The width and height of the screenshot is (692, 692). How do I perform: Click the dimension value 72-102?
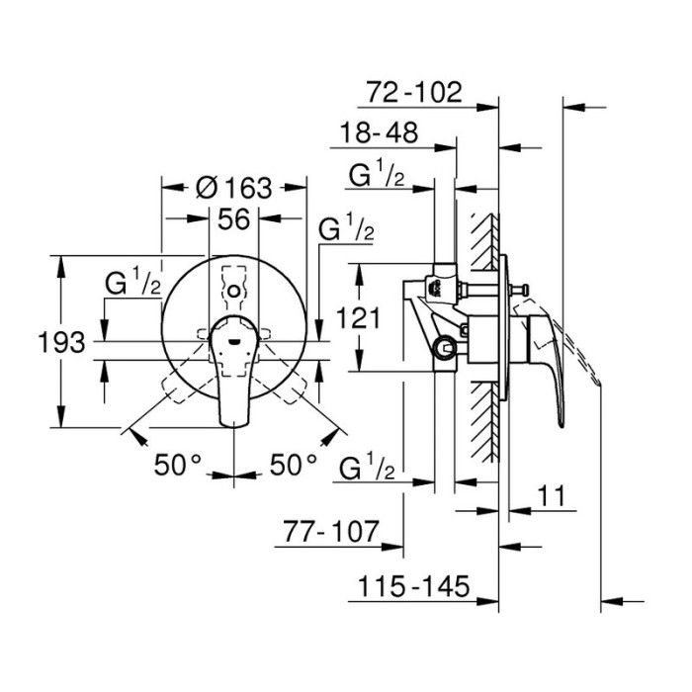point(414,92)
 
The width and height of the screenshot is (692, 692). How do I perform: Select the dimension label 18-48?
point(379,132)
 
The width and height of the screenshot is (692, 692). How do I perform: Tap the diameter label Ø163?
point(234,188)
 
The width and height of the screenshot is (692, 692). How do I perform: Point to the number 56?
point(234,218)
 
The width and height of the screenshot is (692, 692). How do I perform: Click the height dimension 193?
point(61,342)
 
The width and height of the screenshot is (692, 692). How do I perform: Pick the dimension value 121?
point(358,317)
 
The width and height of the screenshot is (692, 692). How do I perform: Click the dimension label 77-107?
point(331,532)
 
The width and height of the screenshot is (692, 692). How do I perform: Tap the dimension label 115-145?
point(413,586)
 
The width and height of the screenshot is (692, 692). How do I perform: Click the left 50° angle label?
point(177,465)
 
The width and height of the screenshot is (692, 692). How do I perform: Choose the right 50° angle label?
point(294,465)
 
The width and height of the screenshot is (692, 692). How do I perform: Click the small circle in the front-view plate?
point(234,292)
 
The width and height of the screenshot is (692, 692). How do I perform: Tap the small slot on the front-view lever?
point(234,341)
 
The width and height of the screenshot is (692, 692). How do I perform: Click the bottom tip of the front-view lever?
point(234,426)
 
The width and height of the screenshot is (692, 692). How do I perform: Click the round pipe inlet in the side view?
point(444,348)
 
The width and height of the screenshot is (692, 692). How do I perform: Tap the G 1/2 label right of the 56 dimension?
point(347,226)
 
